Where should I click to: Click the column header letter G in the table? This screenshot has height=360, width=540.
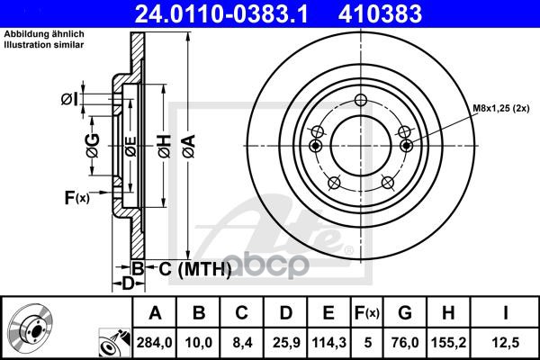(404, 314)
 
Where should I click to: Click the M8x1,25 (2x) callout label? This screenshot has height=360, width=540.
(505, 109)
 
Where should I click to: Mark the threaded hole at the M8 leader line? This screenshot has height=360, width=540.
(406, 146)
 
